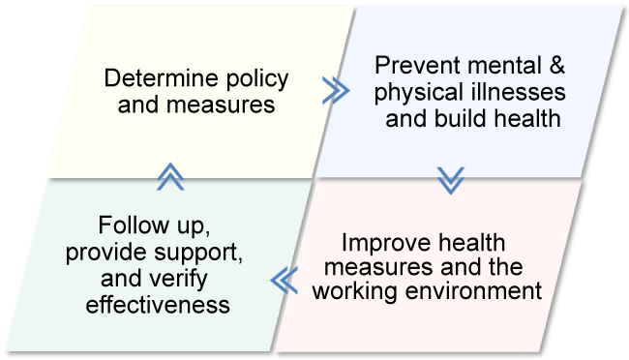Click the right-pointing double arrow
[335, 91]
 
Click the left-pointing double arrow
[284, 281]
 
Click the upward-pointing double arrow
[170, 175]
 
